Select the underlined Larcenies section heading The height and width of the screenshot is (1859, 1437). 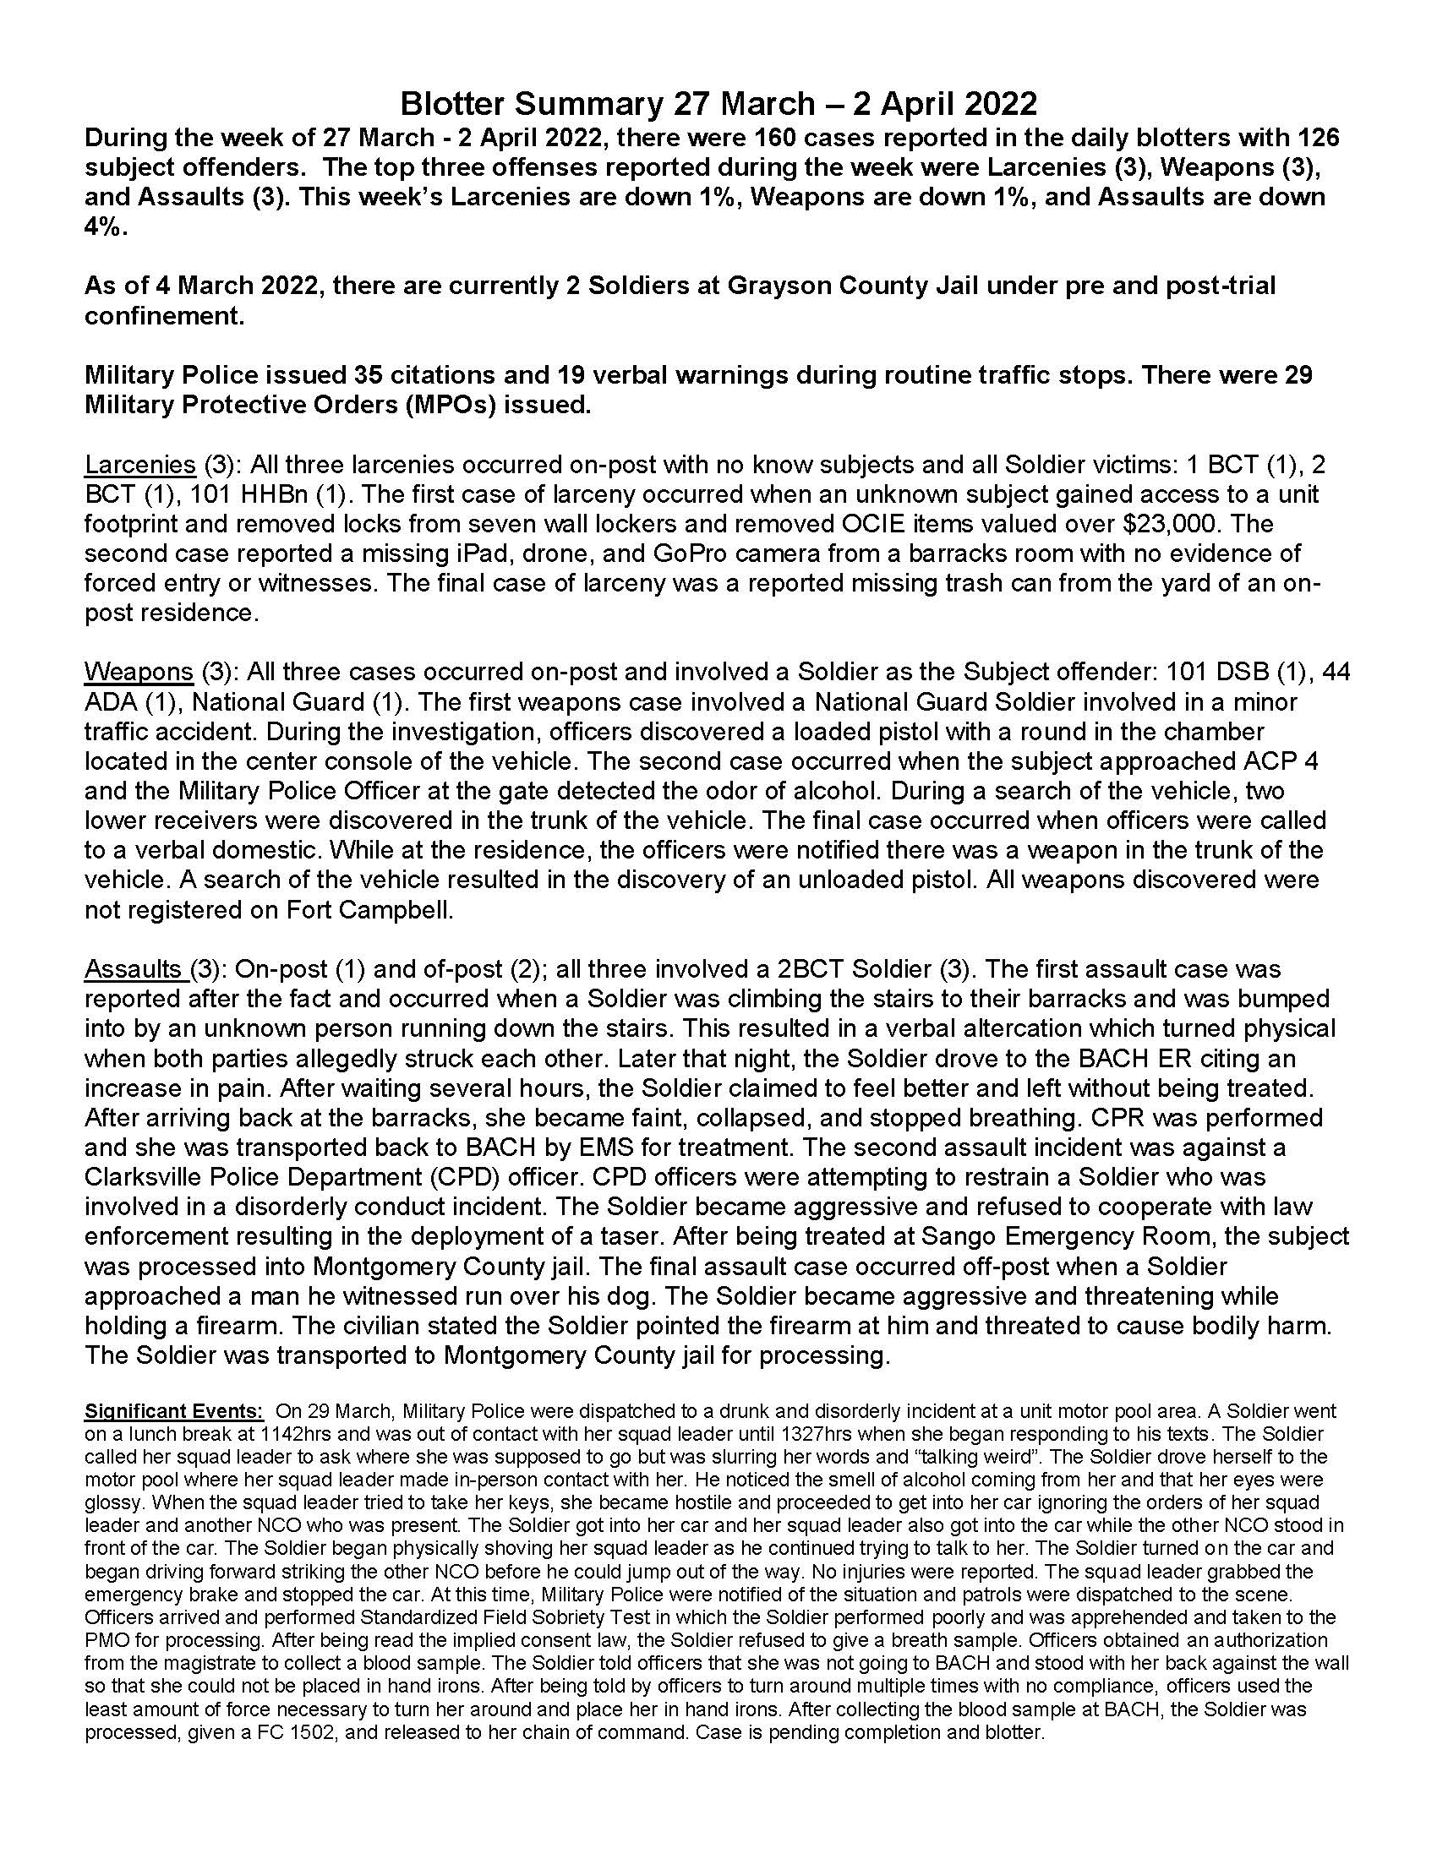click(x=139, y=465)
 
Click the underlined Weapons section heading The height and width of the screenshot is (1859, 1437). click(x=139, y=672)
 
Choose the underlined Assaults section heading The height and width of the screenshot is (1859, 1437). click(x=135, y=968)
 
